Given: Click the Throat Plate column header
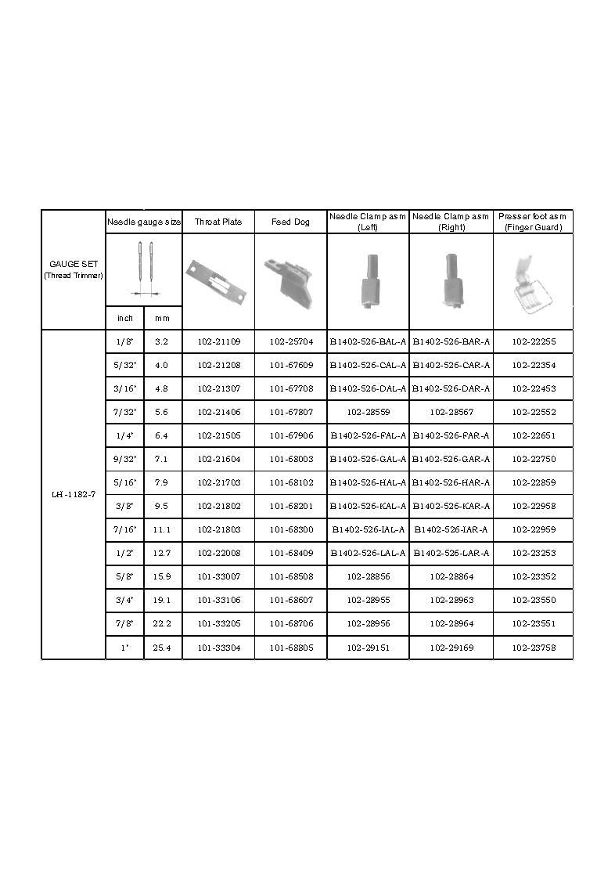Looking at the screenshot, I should (218, 222).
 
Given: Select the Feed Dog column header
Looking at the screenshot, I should (290, 222).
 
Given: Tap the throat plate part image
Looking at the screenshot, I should (217, 280).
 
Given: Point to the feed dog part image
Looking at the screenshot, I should (290, 281).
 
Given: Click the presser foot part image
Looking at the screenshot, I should (532, 281).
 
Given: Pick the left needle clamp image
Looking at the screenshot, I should (367, 280).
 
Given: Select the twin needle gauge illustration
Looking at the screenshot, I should (144, 269).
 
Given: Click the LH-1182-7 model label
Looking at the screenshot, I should (74, 495).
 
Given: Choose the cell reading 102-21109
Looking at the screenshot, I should (218, 341).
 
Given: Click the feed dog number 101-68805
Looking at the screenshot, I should (290, 648).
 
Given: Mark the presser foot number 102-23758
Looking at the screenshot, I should (534, 648).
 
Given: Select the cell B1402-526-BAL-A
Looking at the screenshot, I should (368, 341).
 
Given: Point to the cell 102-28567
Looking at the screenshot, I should (451, 412).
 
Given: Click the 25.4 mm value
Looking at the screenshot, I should (162, 648).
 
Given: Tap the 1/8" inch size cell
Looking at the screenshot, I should (124, 341).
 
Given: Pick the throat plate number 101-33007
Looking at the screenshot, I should (218, 577).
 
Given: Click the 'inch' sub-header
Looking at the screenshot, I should (124, 318).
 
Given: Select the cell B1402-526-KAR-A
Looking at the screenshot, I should (451, 506).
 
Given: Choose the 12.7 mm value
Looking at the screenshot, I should (162, 554).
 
